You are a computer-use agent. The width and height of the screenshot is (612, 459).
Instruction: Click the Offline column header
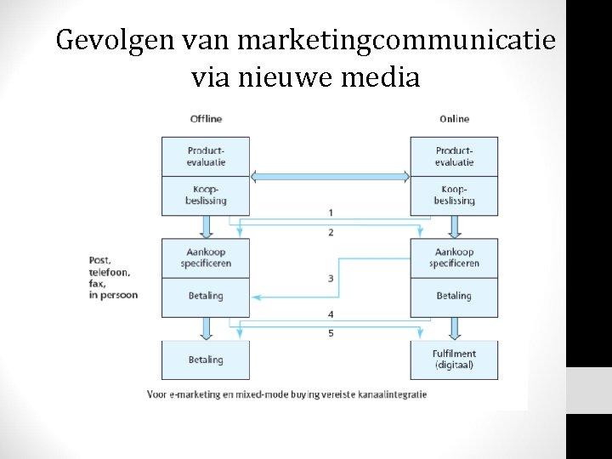[206, 119]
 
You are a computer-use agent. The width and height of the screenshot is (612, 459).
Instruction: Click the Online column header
[454, 119]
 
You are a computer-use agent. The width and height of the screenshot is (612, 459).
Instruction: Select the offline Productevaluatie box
[206, 156]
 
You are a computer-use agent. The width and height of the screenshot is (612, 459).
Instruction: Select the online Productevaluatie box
[454, 156]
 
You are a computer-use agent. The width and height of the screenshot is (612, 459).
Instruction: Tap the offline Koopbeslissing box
[206, 195]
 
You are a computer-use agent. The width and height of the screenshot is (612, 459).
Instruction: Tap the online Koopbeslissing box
[454, 195]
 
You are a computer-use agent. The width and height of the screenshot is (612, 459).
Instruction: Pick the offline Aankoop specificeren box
[206, 258]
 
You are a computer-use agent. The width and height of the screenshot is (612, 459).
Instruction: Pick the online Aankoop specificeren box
[454, 258]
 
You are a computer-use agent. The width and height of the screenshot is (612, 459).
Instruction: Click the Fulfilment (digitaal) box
[454, 360]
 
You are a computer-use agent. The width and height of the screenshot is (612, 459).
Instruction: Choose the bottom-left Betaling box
[206, 360]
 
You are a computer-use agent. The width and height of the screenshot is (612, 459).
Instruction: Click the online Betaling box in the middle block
[454, 296]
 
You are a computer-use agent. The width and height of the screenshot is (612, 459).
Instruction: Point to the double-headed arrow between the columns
[330, 177]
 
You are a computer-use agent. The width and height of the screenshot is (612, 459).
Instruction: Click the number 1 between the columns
[331, 212]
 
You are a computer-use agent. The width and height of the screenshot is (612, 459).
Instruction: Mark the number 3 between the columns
[331, 279]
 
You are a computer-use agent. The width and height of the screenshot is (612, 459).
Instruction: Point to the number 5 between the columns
[331, 333]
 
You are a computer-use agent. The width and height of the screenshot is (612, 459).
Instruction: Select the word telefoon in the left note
[110, 272]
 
